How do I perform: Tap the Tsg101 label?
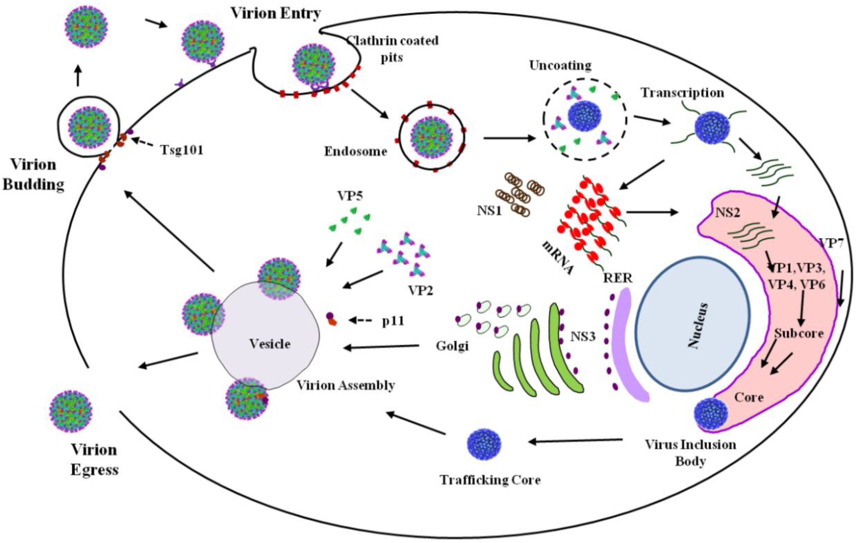(182, 150)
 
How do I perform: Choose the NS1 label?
(489, 211)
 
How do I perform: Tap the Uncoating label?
(560, 65)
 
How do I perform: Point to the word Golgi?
(452, 346)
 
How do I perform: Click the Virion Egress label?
(94, 460)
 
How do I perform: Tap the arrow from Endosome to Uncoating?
(509, 138)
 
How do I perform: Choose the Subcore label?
(799, 333)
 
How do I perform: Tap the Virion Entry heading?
(276, 13)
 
